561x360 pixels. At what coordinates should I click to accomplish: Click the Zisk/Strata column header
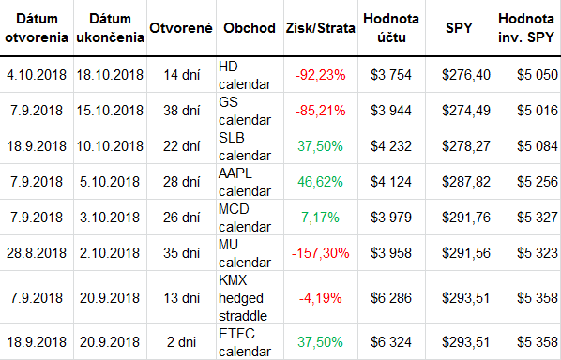[320, 28]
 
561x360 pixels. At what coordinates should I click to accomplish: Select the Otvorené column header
[181, 28]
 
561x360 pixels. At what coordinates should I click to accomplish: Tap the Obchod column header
[250, 28]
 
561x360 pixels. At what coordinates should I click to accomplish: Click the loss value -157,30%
[320, 253]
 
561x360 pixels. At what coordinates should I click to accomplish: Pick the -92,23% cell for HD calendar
[320, 75]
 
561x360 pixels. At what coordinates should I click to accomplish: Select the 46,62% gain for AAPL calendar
[320, 182]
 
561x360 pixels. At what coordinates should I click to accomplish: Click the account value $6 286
[391, 298]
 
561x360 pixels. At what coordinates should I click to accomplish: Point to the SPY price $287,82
[466, 182]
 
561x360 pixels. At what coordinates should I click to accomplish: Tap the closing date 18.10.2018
[110, 75]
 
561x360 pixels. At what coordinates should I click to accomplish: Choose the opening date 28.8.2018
[37, 253]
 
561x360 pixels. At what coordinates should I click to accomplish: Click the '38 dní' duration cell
[181, 111]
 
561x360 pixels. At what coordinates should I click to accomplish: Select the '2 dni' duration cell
[181, 342]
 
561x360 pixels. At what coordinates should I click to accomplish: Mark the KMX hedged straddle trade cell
[243, 298]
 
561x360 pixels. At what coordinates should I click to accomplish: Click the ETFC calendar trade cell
[245, 342]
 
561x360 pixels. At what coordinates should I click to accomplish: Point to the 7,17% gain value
[320, 217]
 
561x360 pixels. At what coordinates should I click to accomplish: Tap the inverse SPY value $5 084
[538, 146]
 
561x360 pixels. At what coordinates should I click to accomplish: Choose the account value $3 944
[391, 111]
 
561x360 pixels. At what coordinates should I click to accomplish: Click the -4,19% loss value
[320, 298]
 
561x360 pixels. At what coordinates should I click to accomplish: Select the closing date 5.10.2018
[110, 182]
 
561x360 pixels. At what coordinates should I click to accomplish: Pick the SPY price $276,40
[466, 75]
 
